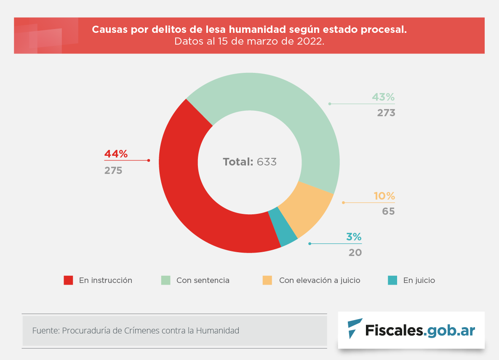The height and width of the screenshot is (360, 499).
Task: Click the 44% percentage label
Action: (x=116, y=154)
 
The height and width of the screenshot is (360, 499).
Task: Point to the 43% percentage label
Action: (x=383, y=97)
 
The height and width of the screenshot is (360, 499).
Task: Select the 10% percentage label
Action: (x=384, y=196)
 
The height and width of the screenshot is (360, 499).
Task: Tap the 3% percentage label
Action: (x=354, y=237)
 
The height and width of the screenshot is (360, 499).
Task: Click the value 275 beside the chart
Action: (x=113, y=171)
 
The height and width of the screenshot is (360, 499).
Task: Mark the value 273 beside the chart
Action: (x=386, y=113)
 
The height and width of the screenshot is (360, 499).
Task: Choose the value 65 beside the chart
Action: (x=388, y=211)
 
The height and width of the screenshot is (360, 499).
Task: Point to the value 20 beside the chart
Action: (x=355, y=253)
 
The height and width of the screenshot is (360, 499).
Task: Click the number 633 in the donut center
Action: (x=267, y=162)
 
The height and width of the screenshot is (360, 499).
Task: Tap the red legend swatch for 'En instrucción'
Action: (x=68, y=280)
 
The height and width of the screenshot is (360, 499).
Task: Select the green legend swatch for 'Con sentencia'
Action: (x=166, y=280)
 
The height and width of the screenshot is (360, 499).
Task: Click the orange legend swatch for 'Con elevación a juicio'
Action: (x=267, y=280)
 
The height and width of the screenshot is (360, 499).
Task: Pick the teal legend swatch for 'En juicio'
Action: (x=392, y=280)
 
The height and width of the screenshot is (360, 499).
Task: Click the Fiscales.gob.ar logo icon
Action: (x=354, y=328)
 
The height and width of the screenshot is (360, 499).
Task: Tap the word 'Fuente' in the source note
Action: (x=45, y=331)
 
